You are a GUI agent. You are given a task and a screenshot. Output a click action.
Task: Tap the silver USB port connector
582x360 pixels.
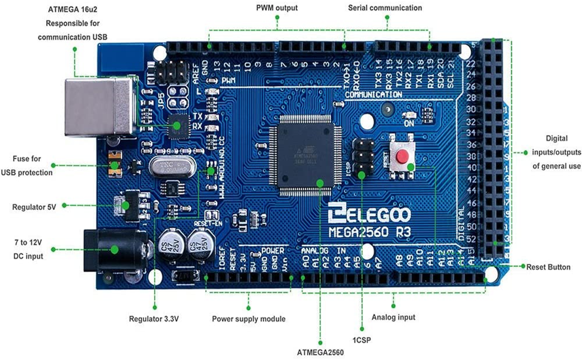pyautogui.click(x=99, y=107)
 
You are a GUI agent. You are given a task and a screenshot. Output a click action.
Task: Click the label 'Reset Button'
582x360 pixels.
pyautogui.click(x=548, y=266)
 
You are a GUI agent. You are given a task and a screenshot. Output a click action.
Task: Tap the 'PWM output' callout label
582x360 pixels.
pyautogui.click(x=277, y=8)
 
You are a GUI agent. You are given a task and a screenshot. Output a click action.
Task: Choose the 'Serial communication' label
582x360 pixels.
pyautogui.click(x=385, y=8)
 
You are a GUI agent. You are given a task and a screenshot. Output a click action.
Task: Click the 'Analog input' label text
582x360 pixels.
pyautogui.click(x=393, y=317)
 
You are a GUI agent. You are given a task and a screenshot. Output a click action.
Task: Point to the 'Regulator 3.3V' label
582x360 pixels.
pyautogui.click(x=154, y=319)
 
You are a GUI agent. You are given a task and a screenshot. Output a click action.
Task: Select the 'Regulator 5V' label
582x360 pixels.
pyautogui.click(x=34, y=207)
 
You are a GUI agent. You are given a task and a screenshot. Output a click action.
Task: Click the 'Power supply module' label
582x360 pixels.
pyautogui.click(x=248, y=319)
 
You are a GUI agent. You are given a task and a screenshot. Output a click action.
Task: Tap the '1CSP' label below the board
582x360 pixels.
pyautogui.click(x=361, y=341)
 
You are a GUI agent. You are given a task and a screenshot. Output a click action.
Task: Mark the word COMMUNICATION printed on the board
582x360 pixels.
pyautogui.click(x=373, y=95)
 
